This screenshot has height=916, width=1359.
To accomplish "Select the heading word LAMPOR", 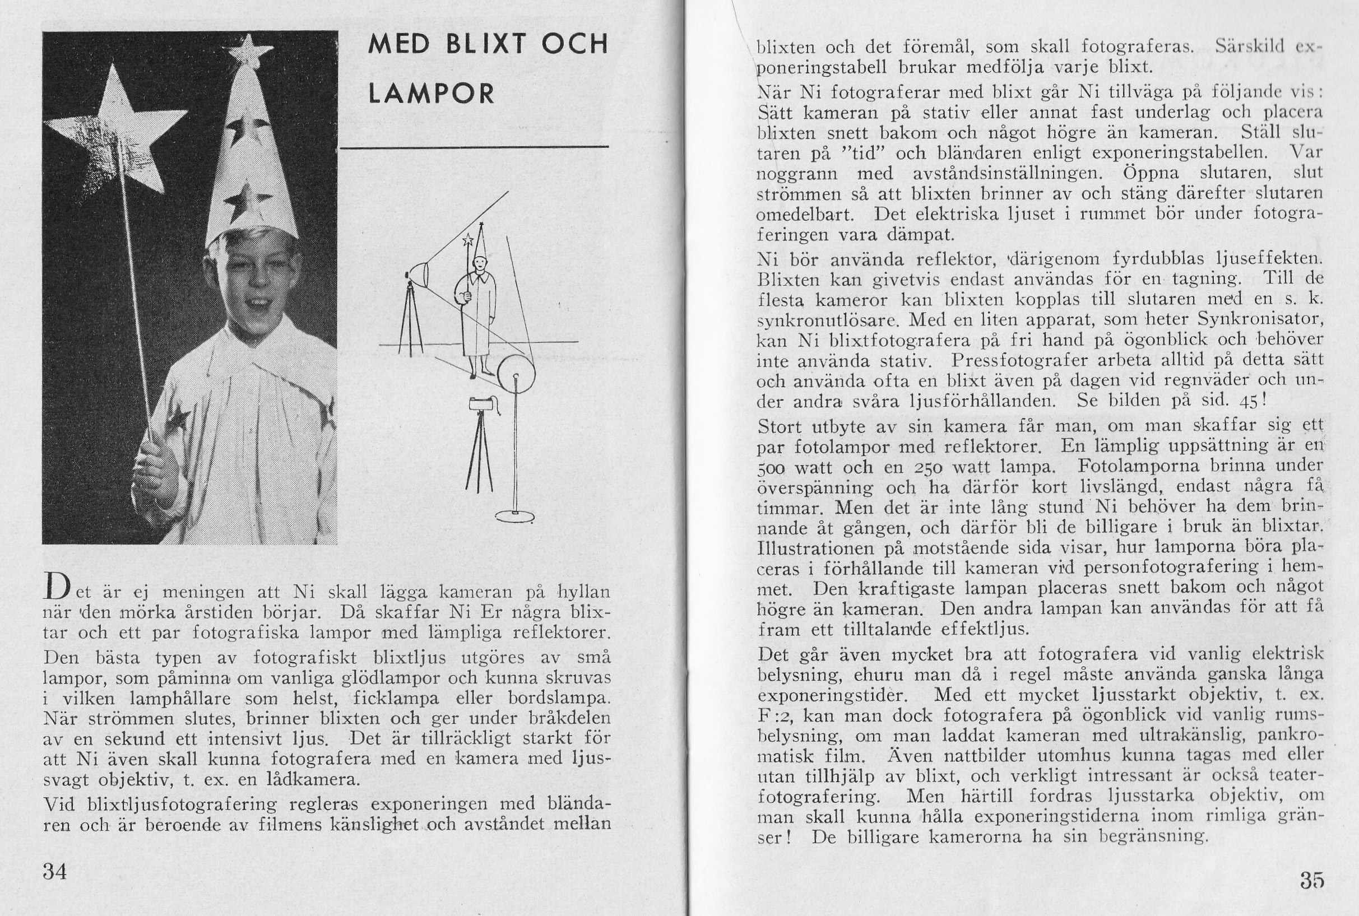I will [x=432, y=94].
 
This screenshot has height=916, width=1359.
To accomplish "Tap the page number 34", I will [x=55, y=871].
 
